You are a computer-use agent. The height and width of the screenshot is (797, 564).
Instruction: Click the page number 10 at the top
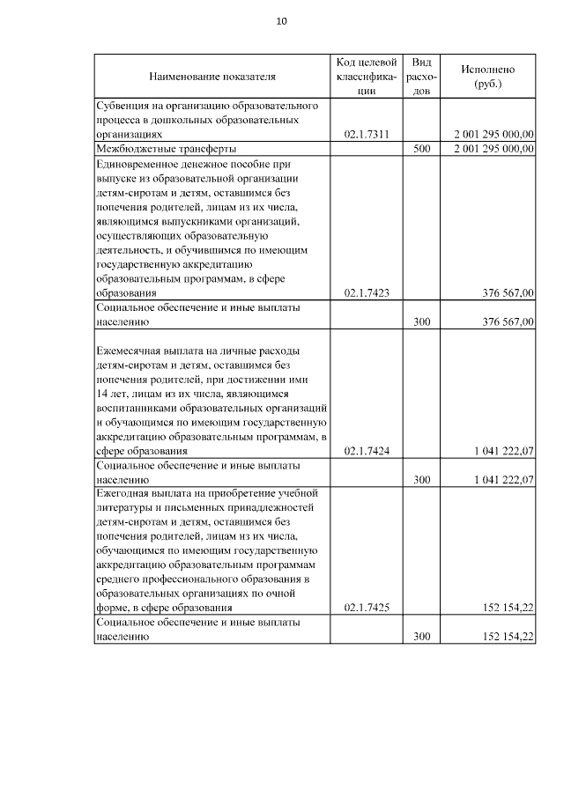pos(282,21)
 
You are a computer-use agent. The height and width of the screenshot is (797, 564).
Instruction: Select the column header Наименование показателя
pos(211,77)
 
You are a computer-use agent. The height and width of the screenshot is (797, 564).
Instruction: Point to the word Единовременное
pos(140,164)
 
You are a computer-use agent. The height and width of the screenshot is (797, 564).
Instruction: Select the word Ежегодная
pos(125,493)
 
